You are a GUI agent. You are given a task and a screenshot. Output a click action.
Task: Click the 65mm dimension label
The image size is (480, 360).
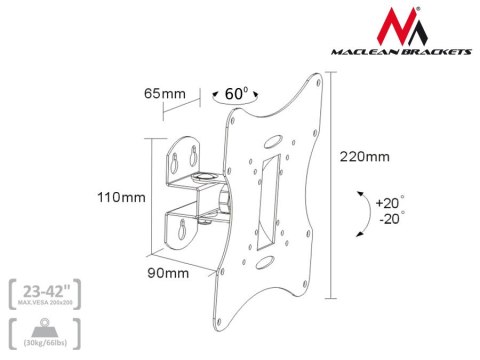164,93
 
